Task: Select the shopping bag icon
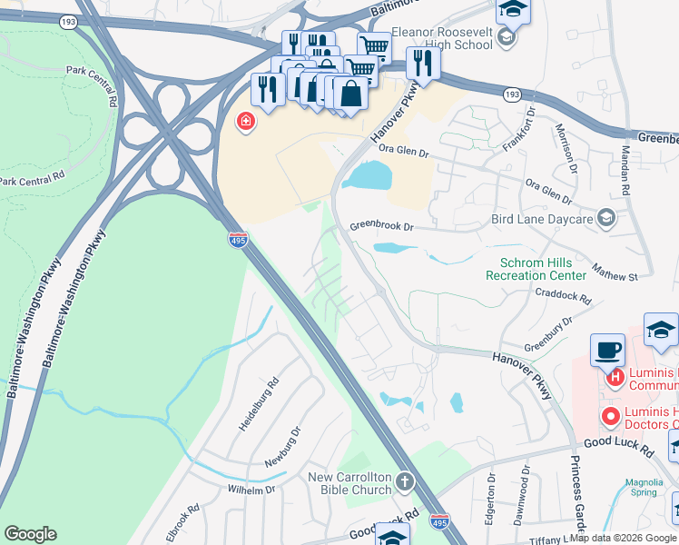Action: (350, 93)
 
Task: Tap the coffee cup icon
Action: (607, 350)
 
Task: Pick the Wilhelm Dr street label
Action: (251, 490)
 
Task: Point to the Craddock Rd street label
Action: (563, 295)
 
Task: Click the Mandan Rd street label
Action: (625, 172)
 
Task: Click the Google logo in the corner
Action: (30, 534)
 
